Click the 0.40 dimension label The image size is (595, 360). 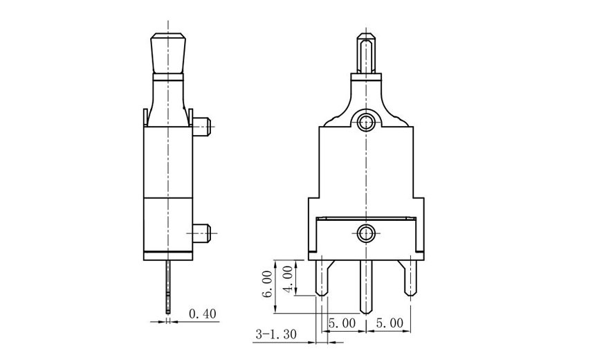202,314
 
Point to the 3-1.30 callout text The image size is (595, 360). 275,334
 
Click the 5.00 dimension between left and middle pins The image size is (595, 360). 342,323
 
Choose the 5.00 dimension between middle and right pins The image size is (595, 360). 389,323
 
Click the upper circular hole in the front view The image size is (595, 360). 365,123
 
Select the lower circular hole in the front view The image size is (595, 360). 365,233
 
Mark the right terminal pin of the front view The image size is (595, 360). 410,277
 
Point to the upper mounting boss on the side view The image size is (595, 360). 201,127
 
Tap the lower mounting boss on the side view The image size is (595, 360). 201,233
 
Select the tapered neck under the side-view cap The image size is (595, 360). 167,97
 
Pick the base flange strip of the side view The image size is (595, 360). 167,255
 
